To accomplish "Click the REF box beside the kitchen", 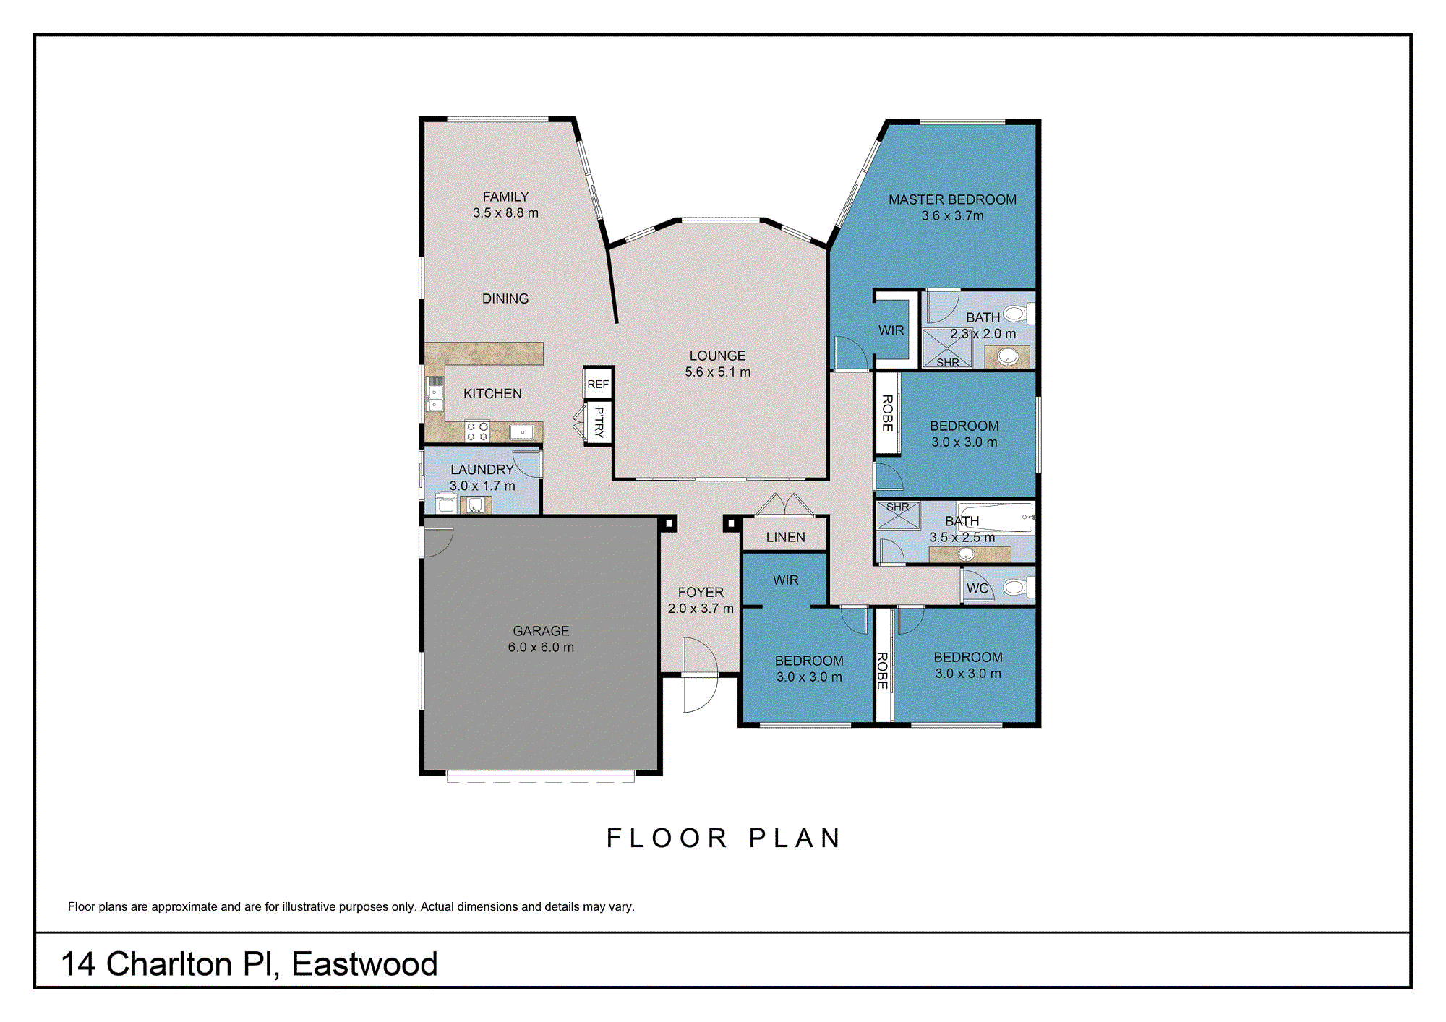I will coord(598,384).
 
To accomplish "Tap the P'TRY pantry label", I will coord(599,422).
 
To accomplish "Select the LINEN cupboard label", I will coord(785,537).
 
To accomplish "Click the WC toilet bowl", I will coord(1015,587).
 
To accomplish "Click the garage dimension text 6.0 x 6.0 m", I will coord(541,648).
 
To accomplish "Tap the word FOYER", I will coord(701,592).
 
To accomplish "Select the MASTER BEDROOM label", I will coord(952,199).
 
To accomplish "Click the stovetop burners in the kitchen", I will coord(477,431).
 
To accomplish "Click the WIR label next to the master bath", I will coord(891,330).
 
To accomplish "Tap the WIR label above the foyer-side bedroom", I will coord(785,580).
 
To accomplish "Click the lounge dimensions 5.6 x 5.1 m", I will coord(717,372).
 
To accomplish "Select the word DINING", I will coord(505,299).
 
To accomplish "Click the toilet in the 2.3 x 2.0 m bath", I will coord(1016,314).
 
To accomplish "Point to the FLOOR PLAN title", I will coord(724,838).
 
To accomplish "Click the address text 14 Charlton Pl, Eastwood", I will coord(249,964).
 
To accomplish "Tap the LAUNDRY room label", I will coord(482,470).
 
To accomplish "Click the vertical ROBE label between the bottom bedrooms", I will coord(882,670).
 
